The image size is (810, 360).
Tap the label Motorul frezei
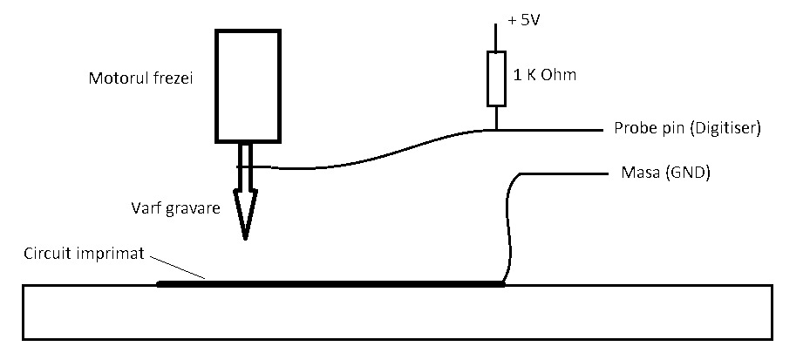coord(140,78)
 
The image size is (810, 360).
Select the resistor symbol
coord(496,78)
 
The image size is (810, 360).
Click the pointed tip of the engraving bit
coord(246,235)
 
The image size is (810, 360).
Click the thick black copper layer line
coord(331,283)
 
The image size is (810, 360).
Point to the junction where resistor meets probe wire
coord(496,130)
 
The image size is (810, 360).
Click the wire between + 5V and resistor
coord(496,37)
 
